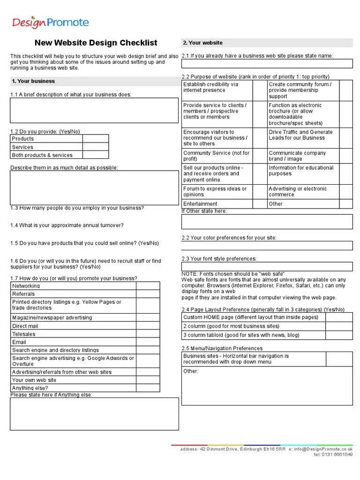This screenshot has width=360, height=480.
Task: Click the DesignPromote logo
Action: coord(50,22)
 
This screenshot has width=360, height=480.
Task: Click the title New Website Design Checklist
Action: coord(96,43)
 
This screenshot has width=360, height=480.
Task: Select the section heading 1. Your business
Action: coord(33,81)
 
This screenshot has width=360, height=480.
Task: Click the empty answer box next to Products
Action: coord(96,139)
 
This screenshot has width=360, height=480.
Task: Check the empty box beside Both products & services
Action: coord(96,155)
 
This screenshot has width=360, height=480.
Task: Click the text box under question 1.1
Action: coord(94,110)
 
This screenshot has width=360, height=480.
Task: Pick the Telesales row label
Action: coord(24,334)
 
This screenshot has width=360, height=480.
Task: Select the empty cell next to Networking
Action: coord(148,286)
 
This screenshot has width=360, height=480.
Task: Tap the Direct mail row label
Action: coord(25,326)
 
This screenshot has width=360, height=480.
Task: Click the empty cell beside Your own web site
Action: coord(148,380)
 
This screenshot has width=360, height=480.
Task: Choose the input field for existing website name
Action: coord(267,64)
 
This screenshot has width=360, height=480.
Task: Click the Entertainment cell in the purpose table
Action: coord(201,204)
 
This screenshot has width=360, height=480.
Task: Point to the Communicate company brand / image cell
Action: coord(291,156)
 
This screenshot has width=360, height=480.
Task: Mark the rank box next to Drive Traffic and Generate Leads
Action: coord(345,138)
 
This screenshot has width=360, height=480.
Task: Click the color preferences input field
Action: coord(267,246)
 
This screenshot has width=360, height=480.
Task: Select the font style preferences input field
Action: coord(267,266)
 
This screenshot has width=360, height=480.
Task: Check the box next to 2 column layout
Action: coord(338,326)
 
